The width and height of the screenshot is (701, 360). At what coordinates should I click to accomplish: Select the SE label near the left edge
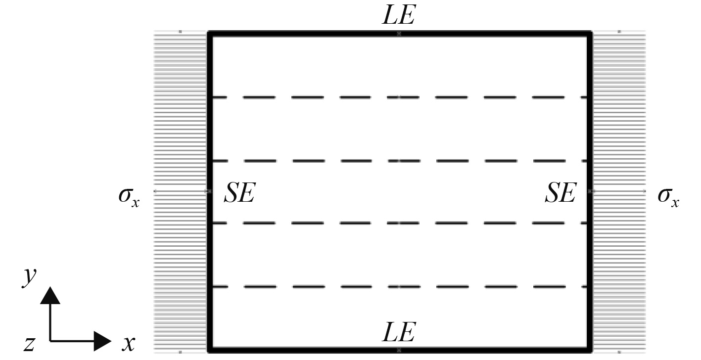(239, 193)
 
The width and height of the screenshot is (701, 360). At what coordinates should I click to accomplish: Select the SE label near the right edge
(561, 193)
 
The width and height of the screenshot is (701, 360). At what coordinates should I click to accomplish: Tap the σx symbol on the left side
(128, 196)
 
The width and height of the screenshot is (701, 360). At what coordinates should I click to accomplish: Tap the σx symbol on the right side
(668, 196)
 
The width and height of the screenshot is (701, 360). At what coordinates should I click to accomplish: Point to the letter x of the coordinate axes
(128, 342)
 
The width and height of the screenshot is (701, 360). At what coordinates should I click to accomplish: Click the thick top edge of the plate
(307, 34)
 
